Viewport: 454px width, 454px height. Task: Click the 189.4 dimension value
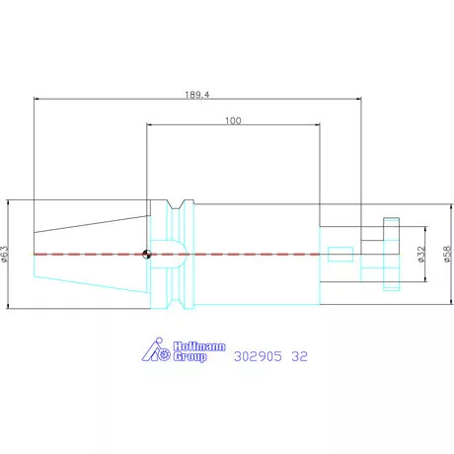pyautogui.click(x=197, y=95)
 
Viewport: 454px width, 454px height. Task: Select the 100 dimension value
pyautogui.click(x=233, y=120)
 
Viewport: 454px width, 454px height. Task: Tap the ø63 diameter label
pyautogui.click(x=4, y=254)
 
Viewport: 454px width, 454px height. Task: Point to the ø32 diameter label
pyautogui.click(x=421, y=255)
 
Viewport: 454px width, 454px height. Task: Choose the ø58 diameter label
pyautogui.click(x=448, y=255)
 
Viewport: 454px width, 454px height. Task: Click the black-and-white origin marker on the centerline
pyautogui.click(x=147, y=254)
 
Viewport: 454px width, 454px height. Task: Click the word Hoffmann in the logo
pyautogui.click(x=199, y=346)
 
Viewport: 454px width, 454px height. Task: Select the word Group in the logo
pyautogui.click(x=189, y=357)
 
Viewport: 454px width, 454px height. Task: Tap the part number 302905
pyautogui.click(x=258, y=356)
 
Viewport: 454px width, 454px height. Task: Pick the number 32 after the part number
pyautogui.click(x=299, y=356)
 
